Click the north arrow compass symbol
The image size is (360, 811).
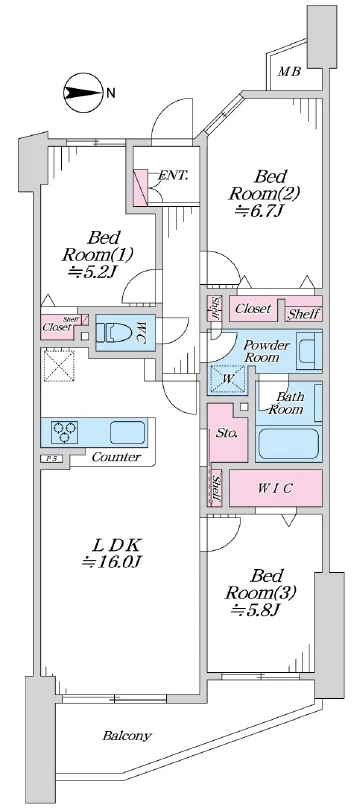point(83,94)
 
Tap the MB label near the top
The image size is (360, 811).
point(289,71)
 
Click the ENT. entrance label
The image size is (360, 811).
point(173,175)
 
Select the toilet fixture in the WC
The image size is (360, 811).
point(115,332)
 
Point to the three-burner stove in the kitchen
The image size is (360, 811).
point(65,432)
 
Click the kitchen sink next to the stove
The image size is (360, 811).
point(127,432)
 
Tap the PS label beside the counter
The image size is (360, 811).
point(51,458)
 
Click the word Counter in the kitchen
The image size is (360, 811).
point(116,457)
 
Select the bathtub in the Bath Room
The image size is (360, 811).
point(289,444)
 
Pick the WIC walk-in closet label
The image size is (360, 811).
point(275,488)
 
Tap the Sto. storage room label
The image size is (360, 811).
point(227,434)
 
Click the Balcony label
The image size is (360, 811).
point(127,735)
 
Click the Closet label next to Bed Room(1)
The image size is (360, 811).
point(57,327)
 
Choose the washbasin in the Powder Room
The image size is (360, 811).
point(309,352)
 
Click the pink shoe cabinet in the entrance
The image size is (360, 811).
point(140,186)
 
